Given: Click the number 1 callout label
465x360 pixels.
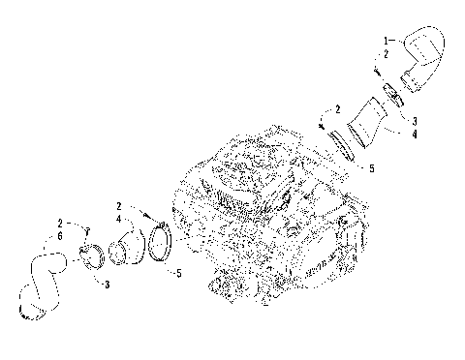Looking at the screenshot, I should pos(387,40).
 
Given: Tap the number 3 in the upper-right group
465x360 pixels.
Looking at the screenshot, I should pos(415,119).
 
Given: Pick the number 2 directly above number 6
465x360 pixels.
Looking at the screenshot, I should pos(60,225).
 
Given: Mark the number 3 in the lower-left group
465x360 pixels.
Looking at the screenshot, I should pos(107,284).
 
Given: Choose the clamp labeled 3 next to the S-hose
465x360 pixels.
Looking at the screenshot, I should pos(94,258).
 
